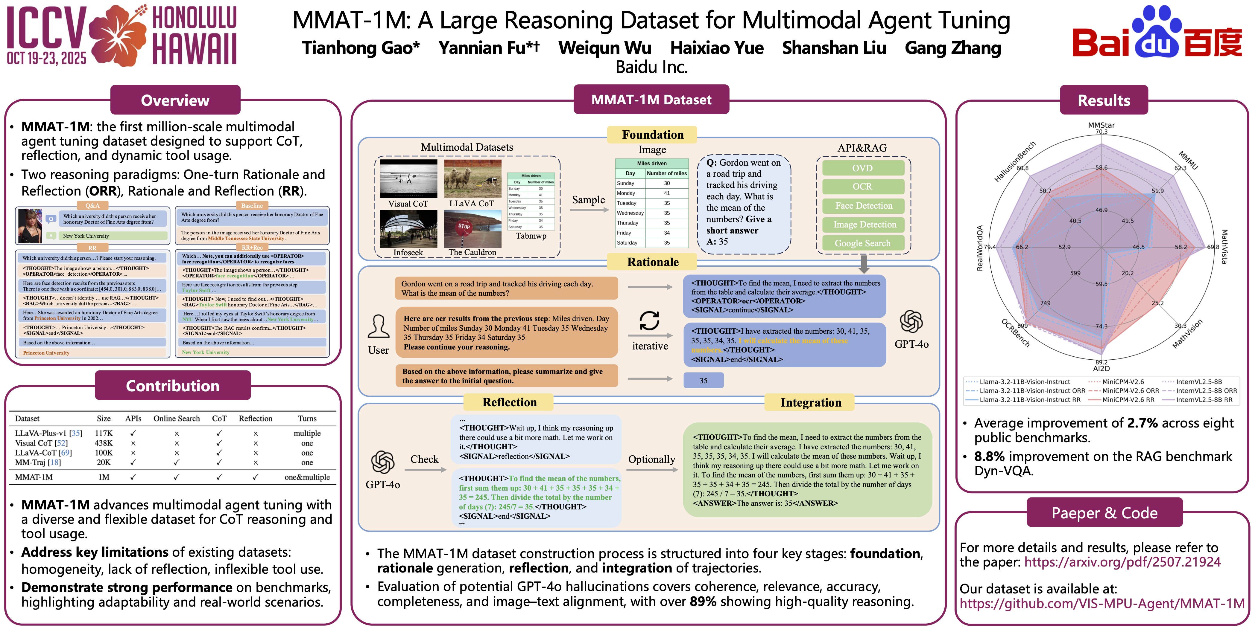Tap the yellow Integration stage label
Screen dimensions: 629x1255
click(x=810, y=403)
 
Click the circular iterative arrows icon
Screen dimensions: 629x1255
click(x=649, y=321)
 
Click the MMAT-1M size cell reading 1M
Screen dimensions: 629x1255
click(x=104, y=477)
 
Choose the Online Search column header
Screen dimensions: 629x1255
click(x=176, y=419)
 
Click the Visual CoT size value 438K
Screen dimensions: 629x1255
click(x=104, y=443)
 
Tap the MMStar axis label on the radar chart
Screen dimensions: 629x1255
click(x=1101, y=125)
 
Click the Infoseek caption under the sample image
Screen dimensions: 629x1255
click(x=408, y=253)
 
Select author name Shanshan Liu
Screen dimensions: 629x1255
click(x=834, y=48)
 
